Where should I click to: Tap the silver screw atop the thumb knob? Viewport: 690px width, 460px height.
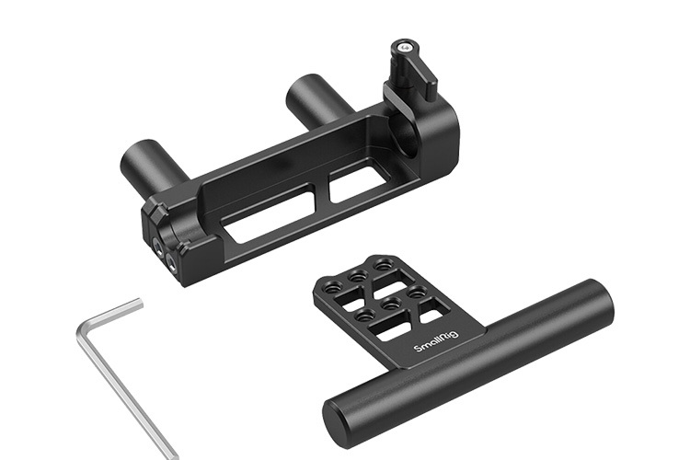(x=404, y=46)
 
